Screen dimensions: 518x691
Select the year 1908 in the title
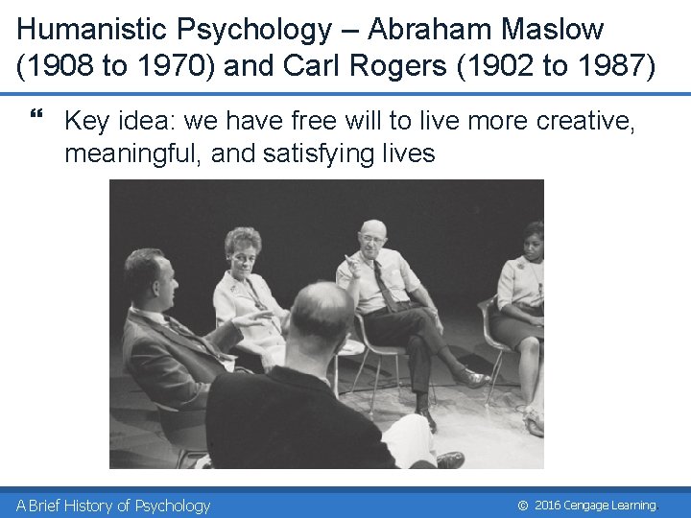pos(63,67)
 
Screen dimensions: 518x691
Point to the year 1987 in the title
pos(618,67)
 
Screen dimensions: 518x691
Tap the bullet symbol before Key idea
pos(37,120)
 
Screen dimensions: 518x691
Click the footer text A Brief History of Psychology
pos(113,506)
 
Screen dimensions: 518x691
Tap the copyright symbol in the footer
pos(522,506)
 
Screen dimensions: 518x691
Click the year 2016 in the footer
pos(548,506)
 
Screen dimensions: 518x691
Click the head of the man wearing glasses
pos(373,237)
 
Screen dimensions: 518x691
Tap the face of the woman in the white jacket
pos(243,249)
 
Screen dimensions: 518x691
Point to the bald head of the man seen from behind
pos(321,307)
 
